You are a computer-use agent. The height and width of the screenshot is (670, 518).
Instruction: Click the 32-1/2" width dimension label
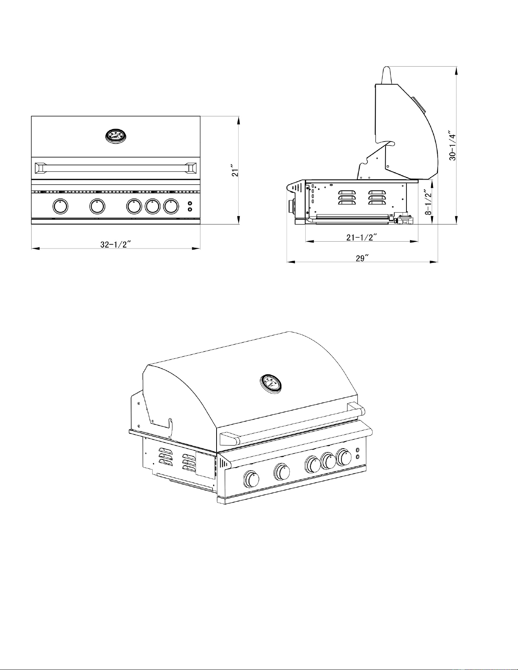tap(116, 245)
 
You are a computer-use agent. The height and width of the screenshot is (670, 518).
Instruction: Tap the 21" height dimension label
tap(236, 170)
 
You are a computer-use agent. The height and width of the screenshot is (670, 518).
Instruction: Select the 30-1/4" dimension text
tap(452, 146)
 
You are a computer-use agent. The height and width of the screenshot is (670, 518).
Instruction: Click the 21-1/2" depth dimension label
tap(362, 237)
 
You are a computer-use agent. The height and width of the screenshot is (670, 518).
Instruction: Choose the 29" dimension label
tap(362, 258)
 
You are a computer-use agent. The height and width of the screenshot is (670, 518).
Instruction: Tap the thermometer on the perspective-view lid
tap(271, 384)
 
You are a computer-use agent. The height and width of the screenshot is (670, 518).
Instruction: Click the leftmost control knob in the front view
tap(60, 206)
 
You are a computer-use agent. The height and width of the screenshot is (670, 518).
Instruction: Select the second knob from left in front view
tap(97, 206)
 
